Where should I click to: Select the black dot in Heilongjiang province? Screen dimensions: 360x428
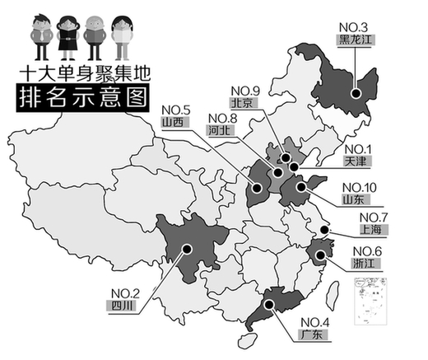pos(356,93)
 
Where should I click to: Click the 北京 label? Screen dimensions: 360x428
pos(243,103)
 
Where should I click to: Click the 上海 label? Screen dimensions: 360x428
pos(363,231)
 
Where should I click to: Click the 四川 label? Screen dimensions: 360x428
pos(121,304)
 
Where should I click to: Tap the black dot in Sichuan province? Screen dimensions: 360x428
pos(188,248)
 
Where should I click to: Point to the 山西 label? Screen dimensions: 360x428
pos(173,122)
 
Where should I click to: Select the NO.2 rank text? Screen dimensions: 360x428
pos(123,291)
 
